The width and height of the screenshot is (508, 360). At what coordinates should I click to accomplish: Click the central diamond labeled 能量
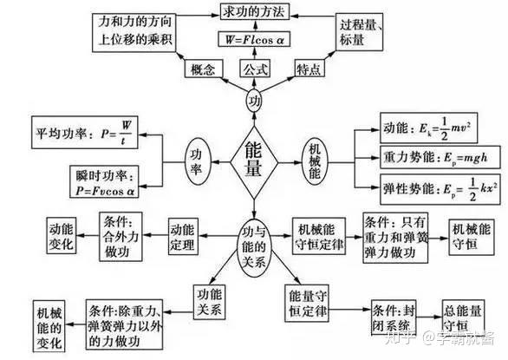pyautogui.click(x=254, y=160)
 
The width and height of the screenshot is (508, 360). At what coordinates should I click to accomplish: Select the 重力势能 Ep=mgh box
pyautogui.click(x=427, y=160)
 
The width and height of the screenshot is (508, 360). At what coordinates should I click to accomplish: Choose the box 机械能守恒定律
pyautogui.click(x=321, y=235)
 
